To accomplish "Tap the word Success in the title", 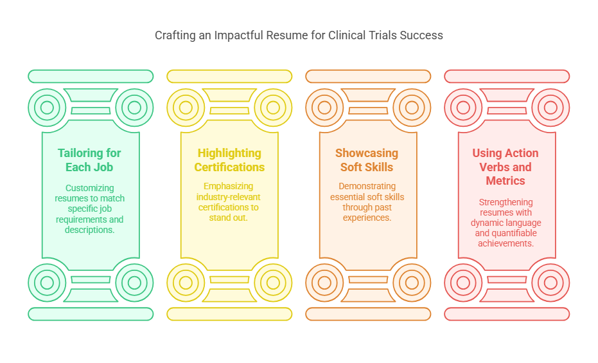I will pos(421,35).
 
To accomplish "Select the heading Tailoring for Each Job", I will pos(89,160).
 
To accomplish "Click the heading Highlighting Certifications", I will pos(229,160).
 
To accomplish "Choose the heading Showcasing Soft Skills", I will pos(367,160).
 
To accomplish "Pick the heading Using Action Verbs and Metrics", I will pos(506,167).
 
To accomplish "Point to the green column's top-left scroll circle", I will pos(47,107).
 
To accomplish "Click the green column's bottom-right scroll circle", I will pos(134,282).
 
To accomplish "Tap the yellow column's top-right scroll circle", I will pos(273,107).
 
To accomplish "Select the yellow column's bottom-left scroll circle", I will pos(186,282).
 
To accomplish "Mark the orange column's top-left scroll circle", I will pos(324,107).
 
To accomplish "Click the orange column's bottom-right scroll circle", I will pos(412,282).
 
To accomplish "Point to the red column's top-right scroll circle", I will pos(550,107).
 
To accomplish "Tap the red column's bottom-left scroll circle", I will pos(463,282).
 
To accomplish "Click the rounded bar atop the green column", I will pos(91,76).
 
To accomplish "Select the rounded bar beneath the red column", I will pos(507,314).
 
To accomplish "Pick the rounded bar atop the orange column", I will pos(368,76).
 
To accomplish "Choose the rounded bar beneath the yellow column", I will pos(229,314).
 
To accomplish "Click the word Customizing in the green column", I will pos(89,189).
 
